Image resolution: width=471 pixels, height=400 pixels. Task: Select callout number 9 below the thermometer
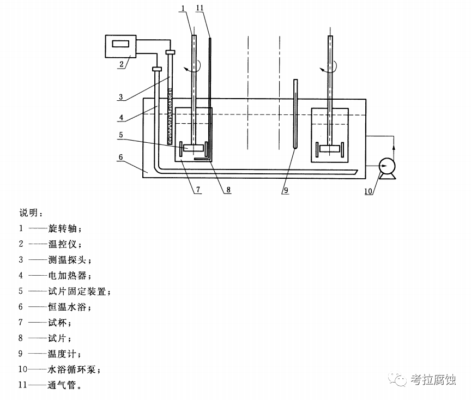[x=285, y=190]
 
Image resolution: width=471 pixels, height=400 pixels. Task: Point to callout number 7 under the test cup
[x=198, y=190]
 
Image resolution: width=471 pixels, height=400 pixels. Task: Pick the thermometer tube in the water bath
[x=296, y=114]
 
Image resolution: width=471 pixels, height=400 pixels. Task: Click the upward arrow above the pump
[x=394, y=143]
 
